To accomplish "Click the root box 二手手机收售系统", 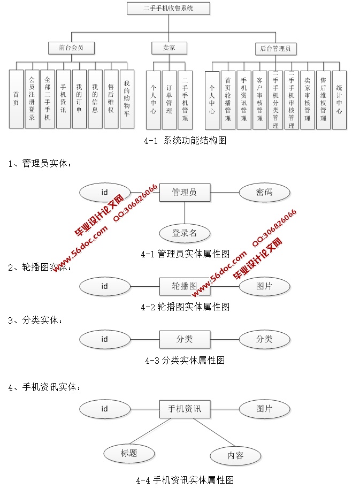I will click(168, 8).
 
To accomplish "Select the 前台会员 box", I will click(71, 48).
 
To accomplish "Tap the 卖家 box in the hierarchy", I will click(168, 48).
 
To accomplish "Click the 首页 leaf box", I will click(16, 99).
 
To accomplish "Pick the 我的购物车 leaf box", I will click(127, 99).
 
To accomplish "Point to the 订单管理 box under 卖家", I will click(169, 100).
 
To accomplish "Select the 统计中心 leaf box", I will click(339, 100).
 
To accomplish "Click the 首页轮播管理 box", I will click(228, 100).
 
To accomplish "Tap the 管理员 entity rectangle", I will click(185, 192).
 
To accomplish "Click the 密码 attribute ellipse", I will click(264, 192).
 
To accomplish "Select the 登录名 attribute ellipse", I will click(185, 233).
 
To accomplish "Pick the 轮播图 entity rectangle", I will click(185, 286).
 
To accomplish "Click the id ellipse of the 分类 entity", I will click(104, 339).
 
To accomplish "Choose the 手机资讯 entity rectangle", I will click(185, 409).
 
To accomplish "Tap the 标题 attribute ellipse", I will click(129, 454).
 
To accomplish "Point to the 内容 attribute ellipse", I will click(235, 456).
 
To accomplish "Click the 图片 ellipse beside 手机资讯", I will click(264, 409).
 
